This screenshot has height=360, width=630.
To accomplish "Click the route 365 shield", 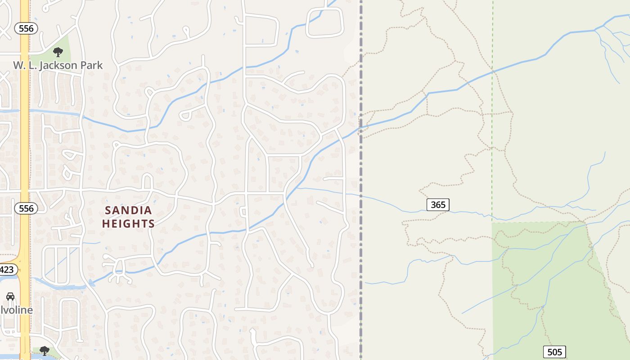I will click(x=438, y=205).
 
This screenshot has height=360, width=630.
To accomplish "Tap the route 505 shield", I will click(x=554, y=352).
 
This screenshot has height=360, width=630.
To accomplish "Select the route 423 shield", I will click(x=7, y=270).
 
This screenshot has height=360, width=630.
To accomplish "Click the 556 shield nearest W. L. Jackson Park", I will click(x=26, y=29).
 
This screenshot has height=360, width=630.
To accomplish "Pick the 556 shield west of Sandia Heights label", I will click(x=26, y=208).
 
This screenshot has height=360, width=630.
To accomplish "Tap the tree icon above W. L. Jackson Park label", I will click(x=58, y=52).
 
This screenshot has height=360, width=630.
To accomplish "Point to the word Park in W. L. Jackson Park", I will click(x=92, y=65).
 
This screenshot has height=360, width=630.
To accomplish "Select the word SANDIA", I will click(x=129, y=210).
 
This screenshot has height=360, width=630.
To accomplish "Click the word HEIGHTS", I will click(x=129, y=223).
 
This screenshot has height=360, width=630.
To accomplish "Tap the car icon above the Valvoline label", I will click(x=10, y=296).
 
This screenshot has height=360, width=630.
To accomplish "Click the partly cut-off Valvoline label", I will click(x=17, y=310).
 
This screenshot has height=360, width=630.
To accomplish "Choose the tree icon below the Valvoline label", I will click(x=44, y=350).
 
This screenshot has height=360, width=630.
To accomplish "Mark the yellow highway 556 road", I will click(x=24, y=135).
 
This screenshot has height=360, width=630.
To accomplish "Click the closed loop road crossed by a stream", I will click(x=325, y=22).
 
